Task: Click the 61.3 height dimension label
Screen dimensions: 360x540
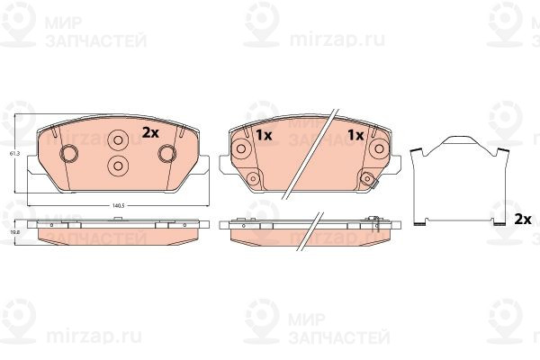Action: (13, 155)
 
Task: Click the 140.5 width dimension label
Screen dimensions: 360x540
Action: (117, 206)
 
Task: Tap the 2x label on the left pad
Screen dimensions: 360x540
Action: (150, 132)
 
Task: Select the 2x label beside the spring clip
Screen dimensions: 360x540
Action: (522, 219)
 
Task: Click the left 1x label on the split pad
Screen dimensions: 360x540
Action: (263, 135)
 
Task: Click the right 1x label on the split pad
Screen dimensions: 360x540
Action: (355, 135)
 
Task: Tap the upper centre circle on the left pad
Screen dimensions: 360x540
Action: (118, 141)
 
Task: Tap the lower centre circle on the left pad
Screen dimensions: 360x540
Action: (118, 165)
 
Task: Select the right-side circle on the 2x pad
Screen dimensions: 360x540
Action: (166, 154)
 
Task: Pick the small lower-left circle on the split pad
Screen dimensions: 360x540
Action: (253, 177)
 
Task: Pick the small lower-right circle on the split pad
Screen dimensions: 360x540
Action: (367, 177)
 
